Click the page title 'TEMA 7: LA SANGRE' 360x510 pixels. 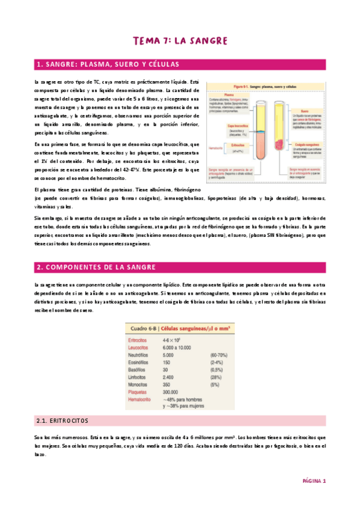pos(180,41)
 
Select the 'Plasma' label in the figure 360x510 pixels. pos(213,94)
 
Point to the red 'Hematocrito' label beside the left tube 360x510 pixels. pos(216,147)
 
